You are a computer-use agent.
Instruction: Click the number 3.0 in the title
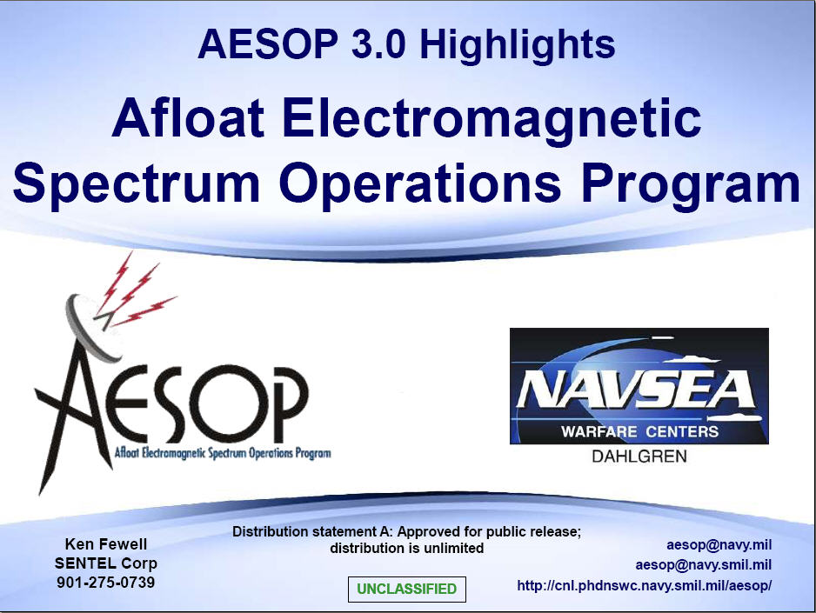coord(378,43)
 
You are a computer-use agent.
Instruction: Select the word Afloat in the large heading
coord(188,117)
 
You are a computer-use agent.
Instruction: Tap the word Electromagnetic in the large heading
coord(492,121)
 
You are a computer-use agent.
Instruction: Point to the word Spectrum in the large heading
coord(136,184)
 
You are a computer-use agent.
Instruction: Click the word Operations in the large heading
coord(420,184)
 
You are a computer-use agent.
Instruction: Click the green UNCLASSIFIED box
coord(407,589)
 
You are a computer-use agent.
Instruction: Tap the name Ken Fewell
coord(106,543)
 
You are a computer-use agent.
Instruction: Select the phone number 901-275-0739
coord(105,582)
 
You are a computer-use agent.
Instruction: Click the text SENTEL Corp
coord(105,563)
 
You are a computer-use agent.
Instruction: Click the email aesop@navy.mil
coord(719,545)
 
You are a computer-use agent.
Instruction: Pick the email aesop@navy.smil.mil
coord(704,564)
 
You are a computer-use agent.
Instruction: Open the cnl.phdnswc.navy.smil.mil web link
coord(645,585)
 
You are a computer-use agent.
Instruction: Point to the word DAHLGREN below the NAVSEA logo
coord(639,456)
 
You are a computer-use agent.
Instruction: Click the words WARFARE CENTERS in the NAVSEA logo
coord(639,431)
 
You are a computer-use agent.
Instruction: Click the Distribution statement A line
coord(407,531)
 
